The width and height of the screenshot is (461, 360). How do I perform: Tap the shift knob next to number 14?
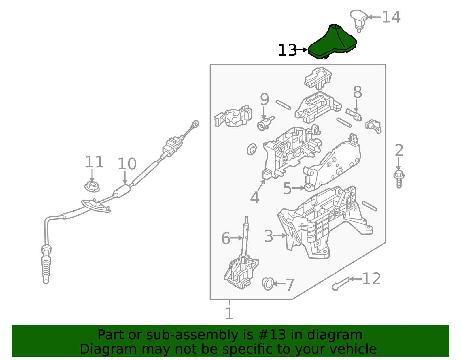pyautogui.click(x=359, y=20)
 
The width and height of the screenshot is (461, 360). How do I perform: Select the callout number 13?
pyautogui.click(x=288, y=50)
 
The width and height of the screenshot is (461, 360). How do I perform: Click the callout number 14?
pyautogui.click(x=391, y=17)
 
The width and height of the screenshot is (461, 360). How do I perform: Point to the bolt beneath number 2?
pyautogui.click(x=399, y=179)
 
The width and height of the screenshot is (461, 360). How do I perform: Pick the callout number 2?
pyautogui.click(x=399, y=150)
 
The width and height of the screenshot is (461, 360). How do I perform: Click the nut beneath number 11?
pyautogui.click(x=92, y=186)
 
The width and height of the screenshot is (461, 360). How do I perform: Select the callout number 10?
pyautogui.click(x=127, y=164)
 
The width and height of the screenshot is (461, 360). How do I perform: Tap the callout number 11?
pyautogui.click(x=94, y=162)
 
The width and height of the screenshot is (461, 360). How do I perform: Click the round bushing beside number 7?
pyautogui.click(x=268, y=284)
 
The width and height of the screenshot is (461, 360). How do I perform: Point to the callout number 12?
pyautogui.click(x=372, y=278)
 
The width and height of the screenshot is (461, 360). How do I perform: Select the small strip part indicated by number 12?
pyautogui.click(x=341, y=284)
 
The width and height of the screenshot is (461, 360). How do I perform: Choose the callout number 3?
pyautogui.click(x=269, y=236)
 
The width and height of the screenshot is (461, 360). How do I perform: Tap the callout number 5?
pyautogui.click(x=287, y=188)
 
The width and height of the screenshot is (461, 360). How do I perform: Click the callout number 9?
pyautogui.click(x=264, y=99)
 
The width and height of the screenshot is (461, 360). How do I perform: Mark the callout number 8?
pyautogui.click(x=358, y=92)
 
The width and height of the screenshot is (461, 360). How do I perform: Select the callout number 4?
pyautogui.click(x=255, y=197)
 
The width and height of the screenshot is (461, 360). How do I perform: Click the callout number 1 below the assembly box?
pyautogui.click(x=229, y=313)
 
